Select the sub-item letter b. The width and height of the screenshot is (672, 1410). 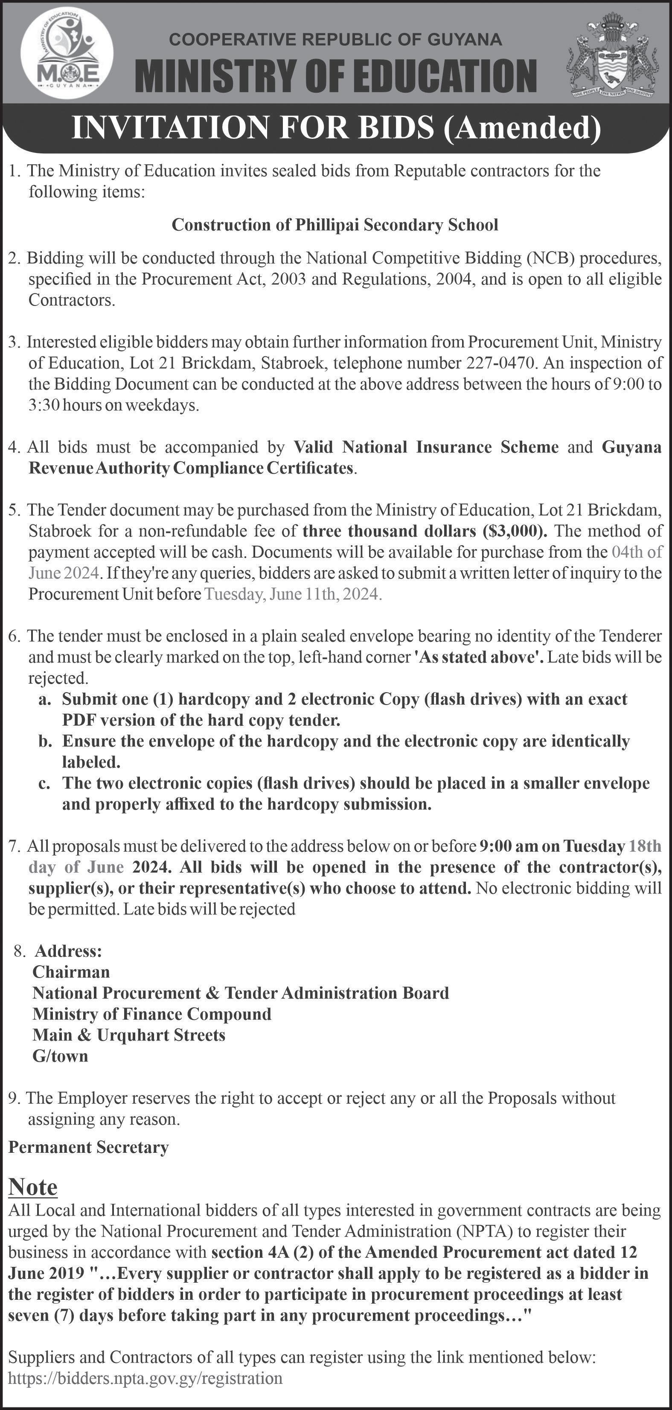44,742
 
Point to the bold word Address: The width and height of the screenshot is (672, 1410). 68,951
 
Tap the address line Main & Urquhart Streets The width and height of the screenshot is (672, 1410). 129,1035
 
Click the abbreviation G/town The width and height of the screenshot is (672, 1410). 60,1056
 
